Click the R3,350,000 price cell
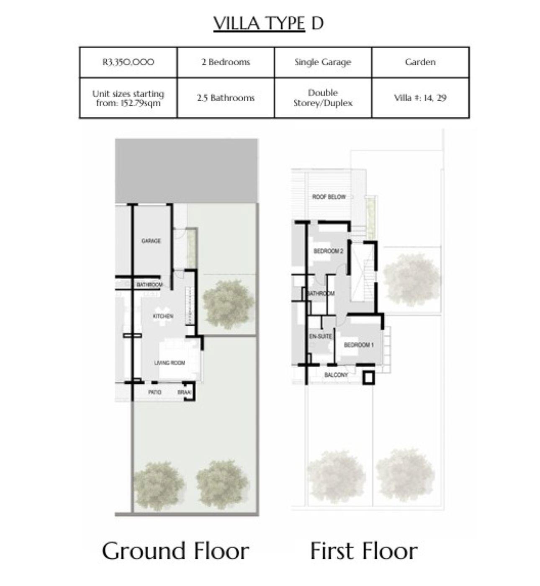tap(128, 62)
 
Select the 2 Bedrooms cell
tap(226, 62)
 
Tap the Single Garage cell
tap(323, 62)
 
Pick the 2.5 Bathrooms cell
tap(226, 98)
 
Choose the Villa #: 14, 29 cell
tap(420, 98)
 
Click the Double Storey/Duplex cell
tap(323, 98)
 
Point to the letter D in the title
tap(317, 23)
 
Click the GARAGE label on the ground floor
tap(151, 241)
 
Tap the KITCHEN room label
tap(163, 316)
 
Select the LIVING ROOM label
tap(170, 363)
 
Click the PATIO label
tap(154, 392)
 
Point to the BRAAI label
tap(184, 392)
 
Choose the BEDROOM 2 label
tap(329, 251)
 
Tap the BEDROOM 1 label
tap(359, 345)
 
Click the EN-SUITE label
tap(321, 337)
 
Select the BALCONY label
tap(336, 375)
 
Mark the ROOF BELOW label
tap(329, 197)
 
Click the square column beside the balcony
tap(368, 378)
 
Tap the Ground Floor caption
tap(175, 551)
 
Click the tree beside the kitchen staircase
tap(229, 301)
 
